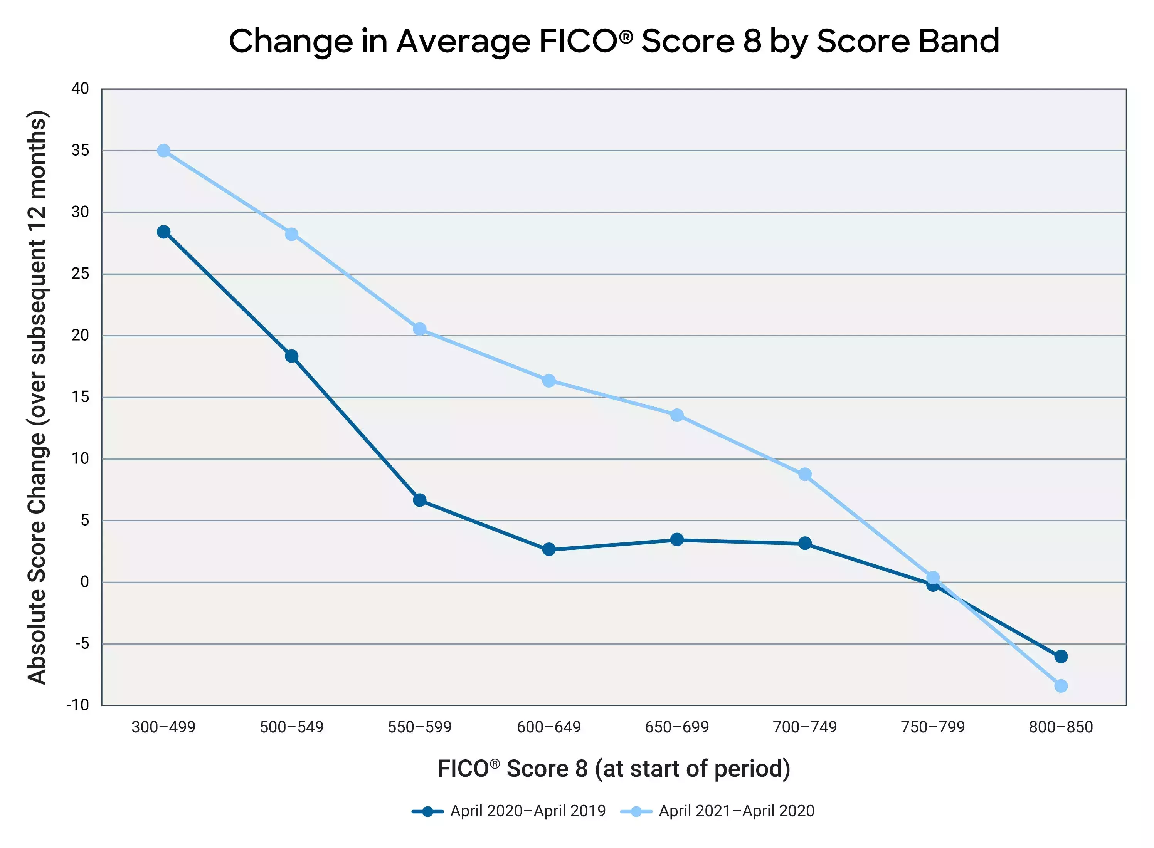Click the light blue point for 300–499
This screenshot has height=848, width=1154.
pyautogui.click(x=163, y=150)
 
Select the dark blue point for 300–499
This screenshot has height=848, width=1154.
pyautogui.click(x=163, y=232)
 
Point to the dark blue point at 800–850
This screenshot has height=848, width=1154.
pyautogui.click(x=1060, y=657)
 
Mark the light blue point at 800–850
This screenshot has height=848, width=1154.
pyautogui.click(x=1060, y=686)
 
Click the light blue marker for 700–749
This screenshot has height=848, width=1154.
pyautogui.click(x=805, y=474)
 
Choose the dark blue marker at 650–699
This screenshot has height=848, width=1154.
pyautogui.click(x=676, y=539)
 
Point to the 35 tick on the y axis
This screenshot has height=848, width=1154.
pyautogui.click(x=80, y=150)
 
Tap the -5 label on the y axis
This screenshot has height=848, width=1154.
pyautogui.click(x=82, y=644)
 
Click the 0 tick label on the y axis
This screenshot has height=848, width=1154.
pyautogui.click(x=85, y=582)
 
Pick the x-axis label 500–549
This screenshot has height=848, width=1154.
pyautogui.click(x=291, y=727)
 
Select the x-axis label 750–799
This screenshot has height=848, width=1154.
pyautogui.click(x=933, y=727)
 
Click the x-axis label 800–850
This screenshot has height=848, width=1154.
pyautogui.click(x=1060, y=727)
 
